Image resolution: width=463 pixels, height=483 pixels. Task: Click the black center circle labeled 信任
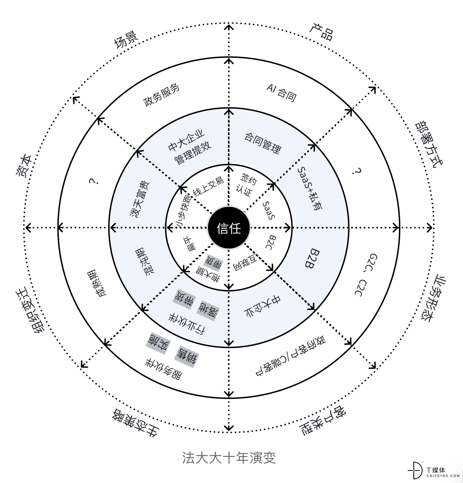(229, 228)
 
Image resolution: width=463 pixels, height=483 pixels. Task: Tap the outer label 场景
(126, 40)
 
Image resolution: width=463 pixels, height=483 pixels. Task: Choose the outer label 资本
(24, 166)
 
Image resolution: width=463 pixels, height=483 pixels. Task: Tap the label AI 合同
(282, 93)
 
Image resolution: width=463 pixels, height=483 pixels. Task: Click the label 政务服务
(161, 95)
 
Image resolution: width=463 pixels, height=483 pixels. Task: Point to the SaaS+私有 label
(310, 189)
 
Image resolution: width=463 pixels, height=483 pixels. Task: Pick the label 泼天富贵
(140, 200)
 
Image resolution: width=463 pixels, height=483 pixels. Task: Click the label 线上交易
(208, 187)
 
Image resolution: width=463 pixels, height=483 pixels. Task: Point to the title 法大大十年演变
(229, 458)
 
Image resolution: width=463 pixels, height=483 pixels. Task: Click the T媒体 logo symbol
(415, 470)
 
